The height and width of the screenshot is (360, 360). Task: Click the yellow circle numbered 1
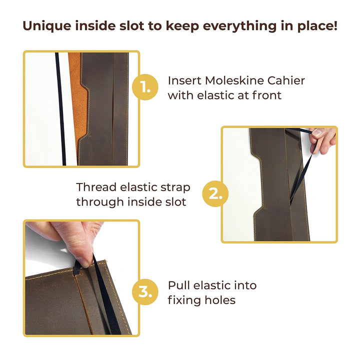(x=145, y=87)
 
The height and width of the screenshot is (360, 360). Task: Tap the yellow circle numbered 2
(x=215, y=194)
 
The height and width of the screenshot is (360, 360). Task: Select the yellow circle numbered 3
(x=145, y=292)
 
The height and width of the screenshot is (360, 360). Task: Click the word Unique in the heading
(x=47, y=26)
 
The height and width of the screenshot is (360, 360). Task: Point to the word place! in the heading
(x=317, y=26)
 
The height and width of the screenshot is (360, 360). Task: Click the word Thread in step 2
(x=96, y=187)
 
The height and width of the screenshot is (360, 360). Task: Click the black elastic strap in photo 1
(x=60, y=109)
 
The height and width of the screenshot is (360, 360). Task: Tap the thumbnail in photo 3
(x=82, y=263)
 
